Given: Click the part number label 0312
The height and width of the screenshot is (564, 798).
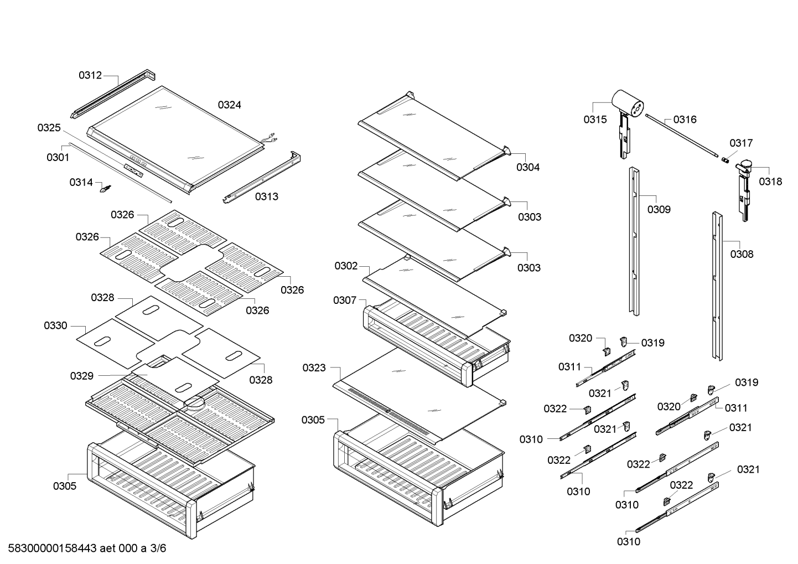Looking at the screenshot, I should coord(90,75).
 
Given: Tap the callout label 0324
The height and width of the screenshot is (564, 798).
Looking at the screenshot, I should coord(229,105).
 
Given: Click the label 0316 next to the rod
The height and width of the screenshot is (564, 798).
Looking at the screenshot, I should coord(685,119).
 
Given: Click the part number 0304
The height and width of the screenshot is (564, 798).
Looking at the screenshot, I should coord(528,167).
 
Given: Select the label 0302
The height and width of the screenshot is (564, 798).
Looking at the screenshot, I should coord(346,266).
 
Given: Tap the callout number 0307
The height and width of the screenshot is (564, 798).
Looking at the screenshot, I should coord(345,300).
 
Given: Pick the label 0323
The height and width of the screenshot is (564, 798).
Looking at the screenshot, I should coord(314,368).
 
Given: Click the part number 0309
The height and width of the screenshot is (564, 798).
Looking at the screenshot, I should coord(659,209).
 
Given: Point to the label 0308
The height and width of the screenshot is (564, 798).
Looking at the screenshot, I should coord(742,254).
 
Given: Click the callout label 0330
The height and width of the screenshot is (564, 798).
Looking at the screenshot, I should coord(56,325).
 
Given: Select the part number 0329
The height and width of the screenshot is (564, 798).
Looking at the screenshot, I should coord(82,376).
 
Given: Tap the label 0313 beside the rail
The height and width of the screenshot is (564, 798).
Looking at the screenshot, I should coord(267,196).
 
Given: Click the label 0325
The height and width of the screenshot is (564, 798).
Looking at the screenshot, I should coord(49,128).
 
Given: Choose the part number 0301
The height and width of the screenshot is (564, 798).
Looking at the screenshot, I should coord(58,157).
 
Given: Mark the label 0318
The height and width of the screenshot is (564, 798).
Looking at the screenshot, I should coord(770,181).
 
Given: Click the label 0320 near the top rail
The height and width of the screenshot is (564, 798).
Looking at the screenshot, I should coord(581,338).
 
